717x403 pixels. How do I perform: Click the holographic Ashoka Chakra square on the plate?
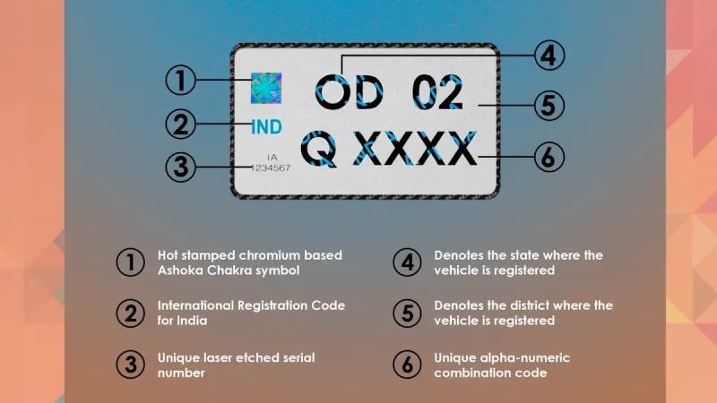(266, 88)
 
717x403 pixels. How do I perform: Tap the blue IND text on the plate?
(266, 127)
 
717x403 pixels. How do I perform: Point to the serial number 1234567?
(271, 168)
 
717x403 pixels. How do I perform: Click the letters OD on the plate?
(350, 92)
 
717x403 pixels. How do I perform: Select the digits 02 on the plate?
(437, 92)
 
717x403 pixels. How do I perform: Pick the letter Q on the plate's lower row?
(319, 149)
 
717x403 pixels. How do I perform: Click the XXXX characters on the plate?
(415, 148)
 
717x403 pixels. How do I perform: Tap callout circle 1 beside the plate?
(181, 80)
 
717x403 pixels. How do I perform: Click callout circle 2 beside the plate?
(181, 124)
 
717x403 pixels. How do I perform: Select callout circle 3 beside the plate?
(181, 167)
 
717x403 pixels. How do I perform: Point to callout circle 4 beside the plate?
(549, 56)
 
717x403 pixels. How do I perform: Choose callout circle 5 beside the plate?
(549, 106)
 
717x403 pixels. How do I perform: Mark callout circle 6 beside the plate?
(549, 157)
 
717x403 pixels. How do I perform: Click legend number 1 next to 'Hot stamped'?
(130, 262)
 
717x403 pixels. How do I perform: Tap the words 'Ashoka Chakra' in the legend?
(204, 270)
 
